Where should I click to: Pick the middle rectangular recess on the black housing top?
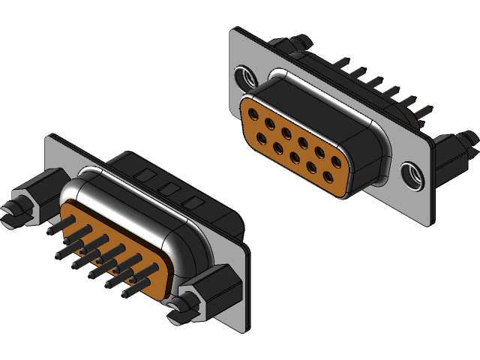click(169, 190)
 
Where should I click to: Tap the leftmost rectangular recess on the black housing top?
click(142, 177)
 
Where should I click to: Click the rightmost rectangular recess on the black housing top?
click(196, 202)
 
